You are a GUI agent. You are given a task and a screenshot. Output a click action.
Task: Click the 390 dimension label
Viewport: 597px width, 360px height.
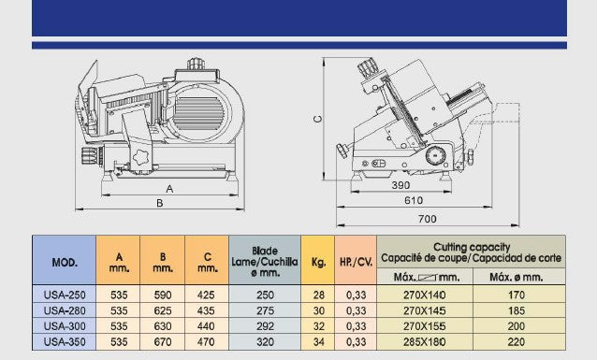coord(400,185)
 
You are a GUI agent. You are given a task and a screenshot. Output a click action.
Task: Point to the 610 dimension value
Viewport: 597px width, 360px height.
coord(414,200)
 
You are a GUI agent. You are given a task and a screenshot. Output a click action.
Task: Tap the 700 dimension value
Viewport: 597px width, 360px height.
coord(428,219)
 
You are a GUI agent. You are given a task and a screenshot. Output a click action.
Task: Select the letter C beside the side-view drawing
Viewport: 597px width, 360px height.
coord(317,119)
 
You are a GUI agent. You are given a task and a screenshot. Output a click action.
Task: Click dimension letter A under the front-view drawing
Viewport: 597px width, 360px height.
coord(169,189)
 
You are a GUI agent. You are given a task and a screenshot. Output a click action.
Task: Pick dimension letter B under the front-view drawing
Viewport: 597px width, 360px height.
coord(160,203)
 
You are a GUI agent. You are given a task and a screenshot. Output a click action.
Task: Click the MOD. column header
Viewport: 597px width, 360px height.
coord(65,262)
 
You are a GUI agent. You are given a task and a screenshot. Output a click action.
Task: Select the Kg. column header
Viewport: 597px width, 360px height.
coord(318,262)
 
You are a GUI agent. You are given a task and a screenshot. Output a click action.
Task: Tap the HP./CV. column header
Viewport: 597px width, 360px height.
coord(356,262)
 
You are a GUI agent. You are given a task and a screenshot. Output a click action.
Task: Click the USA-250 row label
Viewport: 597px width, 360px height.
coord(65,295)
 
